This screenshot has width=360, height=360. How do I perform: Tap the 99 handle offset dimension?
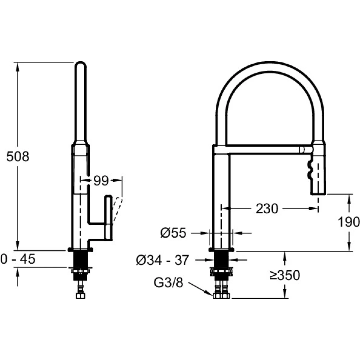pyautogui.click(x=101, y=181)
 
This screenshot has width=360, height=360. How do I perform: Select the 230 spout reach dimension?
pyautogui.click(x=267, y=209)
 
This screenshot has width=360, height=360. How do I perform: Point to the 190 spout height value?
pyautogui.click(x=349, y=222)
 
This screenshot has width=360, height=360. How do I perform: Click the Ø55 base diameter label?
pyautogui.click(x=173, y=233)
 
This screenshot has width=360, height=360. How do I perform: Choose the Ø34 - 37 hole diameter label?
pyautogui.click(x=163, y=260)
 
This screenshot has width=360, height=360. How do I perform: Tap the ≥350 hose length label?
pyautogui.click(x=285, y=275)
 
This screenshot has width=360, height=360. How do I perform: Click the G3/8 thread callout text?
pyautogui.click(x=168, y=288)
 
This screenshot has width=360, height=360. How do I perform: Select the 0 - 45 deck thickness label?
pyautogui.click(x=18, y=259)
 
